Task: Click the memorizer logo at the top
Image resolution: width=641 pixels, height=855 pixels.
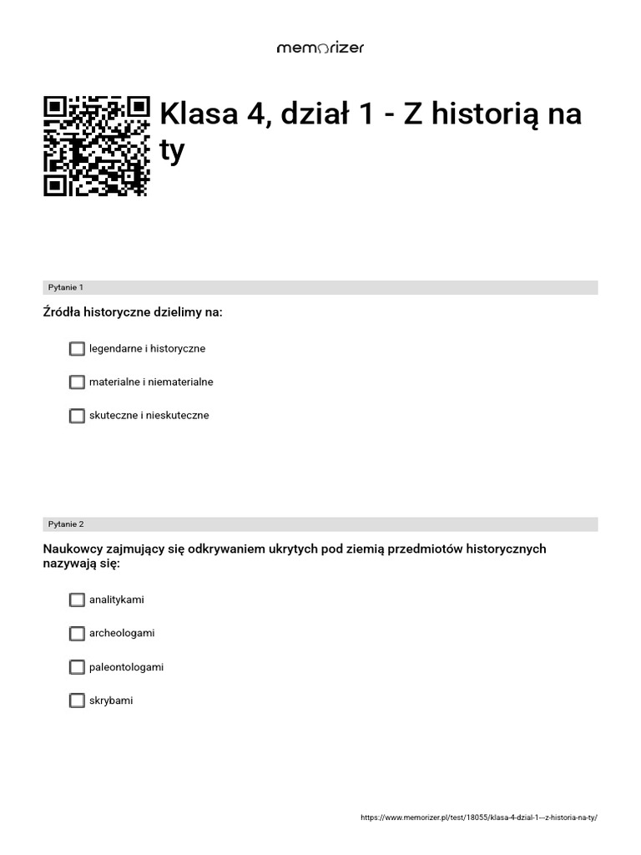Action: tap(320, 48)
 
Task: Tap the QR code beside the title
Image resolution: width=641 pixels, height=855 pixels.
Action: tap(97, 146)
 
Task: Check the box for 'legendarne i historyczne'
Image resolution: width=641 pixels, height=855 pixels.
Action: tap(77, 348)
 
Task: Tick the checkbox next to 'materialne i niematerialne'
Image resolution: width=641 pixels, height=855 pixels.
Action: tap(77, 382)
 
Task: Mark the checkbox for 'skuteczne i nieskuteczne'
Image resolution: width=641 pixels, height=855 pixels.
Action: tap(77, 415)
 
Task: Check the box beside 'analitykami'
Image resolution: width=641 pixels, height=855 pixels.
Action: tap(77, 600)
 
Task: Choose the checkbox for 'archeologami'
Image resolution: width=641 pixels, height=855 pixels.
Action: tap(77, 633)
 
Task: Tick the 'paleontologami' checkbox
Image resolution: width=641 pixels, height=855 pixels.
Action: tap(77, 667)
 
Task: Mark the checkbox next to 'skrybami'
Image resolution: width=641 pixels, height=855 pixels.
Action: tap(77, 701)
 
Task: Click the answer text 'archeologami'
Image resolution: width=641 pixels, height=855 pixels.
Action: tap(122, 633)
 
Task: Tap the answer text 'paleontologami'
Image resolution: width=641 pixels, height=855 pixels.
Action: tap(126, 667)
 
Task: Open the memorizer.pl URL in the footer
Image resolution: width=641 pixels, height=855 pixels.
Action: tap(479, 818)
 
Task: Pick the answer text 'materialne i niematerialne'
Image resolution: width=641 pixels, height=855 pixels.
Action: tap(151, 382)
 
